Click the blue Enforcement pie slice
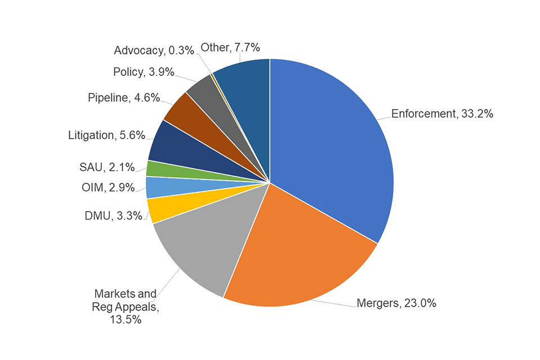[x=332, y=146]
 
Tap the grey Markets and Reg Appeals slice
[x=197, y=247]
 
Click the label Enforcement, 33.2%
[x=442, y=114]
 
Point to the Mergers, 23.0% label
[x=397, y=304]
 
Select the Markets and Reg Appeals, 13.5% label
[x=125, y=307]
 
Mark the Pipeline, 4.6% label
[x=124, y=98]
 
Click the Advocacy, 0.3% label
[x=154, y=51]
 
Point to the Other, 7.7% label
[x=230, y=47]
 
